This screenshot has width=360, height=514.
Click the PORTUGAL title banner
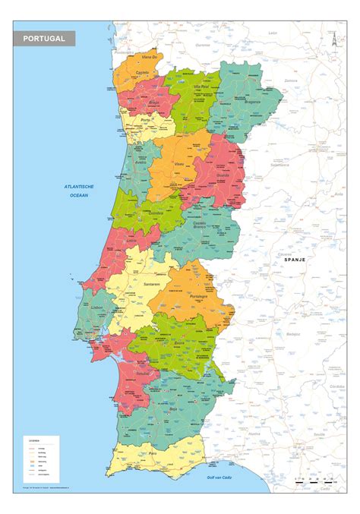pos(44,37)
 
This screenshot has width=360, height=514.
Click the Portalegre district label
pos(199,297)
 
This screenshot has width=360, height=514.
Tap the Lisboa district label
pos(96,307)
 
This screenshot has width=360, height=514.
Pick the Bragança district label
pos(252,101)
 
